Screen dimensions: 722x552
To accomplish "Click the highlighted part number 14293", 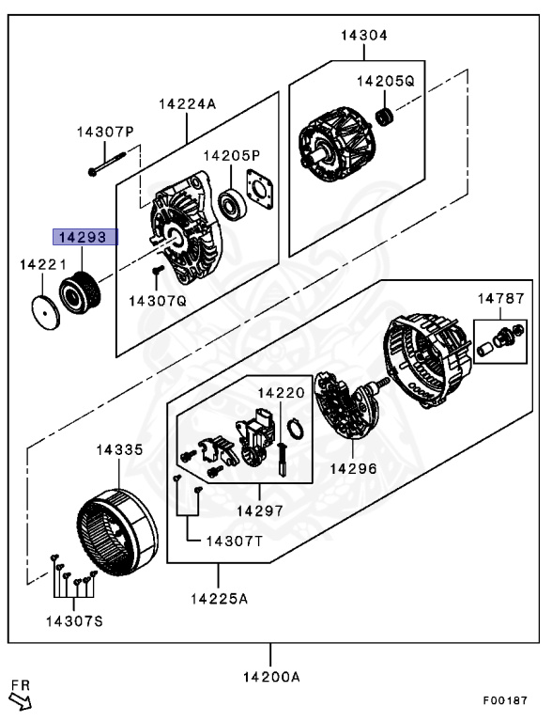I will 84,238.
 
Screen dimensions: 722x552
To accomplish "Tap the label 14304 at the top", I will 363,36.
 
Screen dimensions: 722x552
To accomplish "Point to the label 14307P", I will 105,133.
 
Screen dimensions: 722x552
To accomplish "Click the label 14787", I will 499,298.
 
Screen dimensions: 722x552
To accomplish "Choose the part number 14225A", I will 219,598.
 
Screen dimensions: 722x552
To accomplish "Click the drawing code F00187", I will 506,700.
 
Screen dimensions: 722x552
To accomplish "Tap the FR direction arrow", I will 20,696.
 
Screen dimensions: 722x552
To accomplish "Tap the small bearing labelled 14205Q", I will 382,117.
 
